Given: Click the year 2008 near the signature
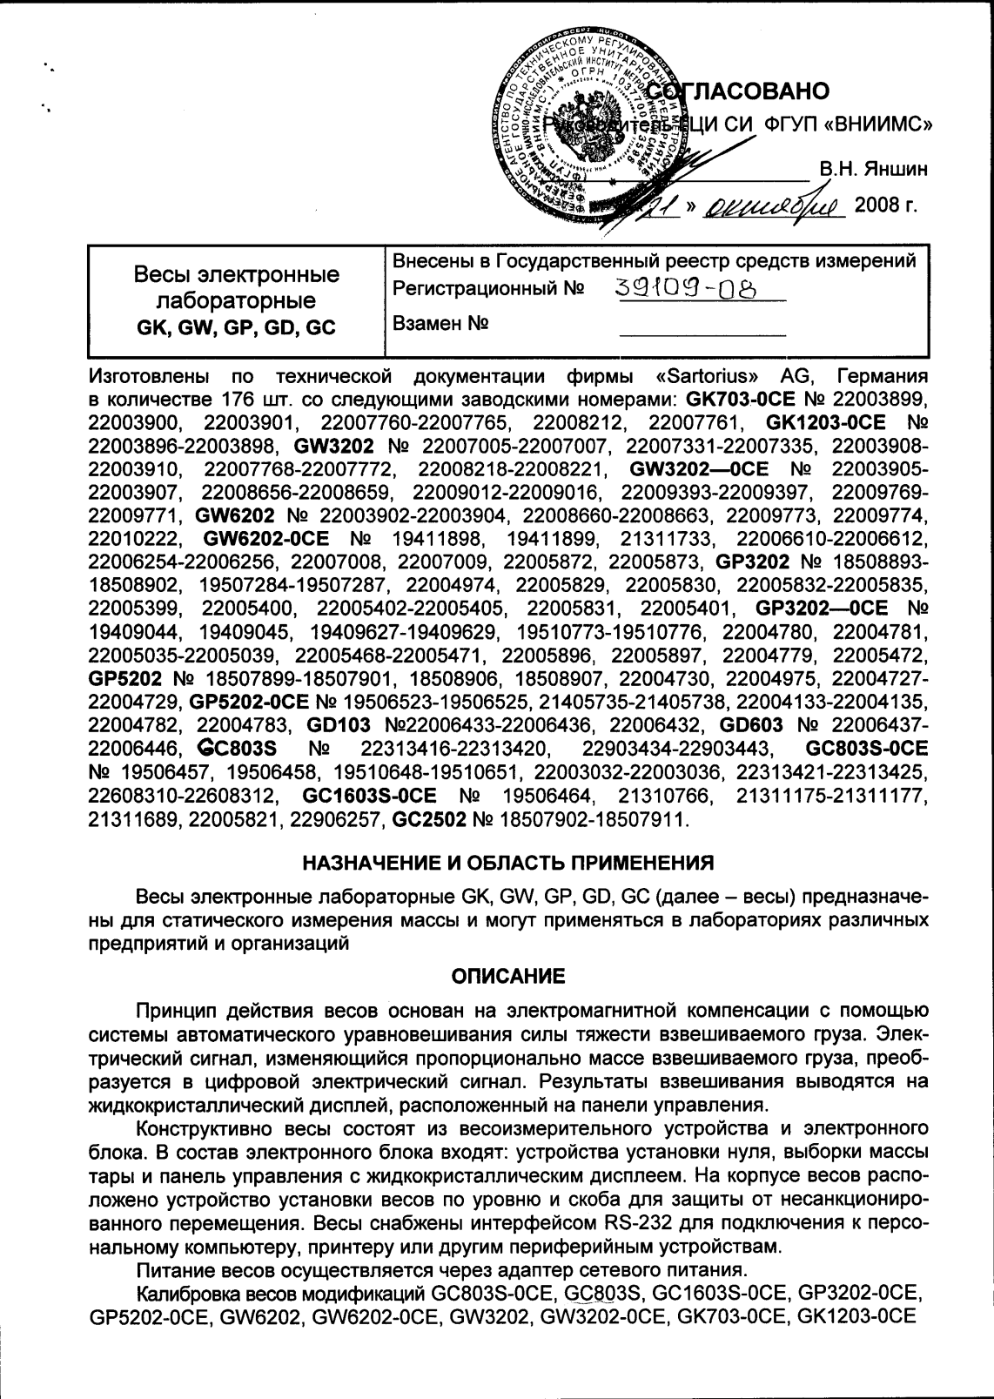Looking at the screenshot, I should (x=886, y=208).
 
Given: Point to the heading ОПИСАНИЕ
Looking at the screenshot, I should (x=508, y=976).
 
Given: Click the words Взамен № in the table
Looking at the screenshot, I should (x=440, y=325).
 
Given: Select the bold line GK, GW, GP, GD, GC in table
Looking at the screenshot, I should (x=236, y=328).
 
